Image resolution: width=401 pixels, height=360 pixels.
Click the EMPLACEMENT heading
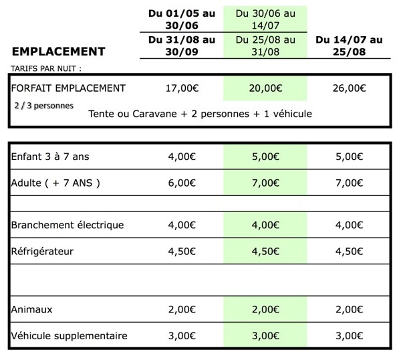click(58, 51)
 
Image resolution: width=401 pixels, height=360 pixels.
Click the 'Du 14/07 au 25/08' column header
click(348, 46)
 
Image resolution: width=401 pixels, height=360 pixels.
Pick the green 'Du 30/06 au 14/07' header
click(265, 18)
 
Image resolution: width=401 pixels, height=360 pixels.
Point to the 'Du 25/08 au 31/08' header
click(265, 46)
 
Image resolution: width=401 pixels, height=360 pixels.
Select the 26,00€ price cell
click(348, 88)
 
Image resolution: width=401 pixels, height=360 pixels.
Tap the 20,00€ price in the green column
click(265, 88)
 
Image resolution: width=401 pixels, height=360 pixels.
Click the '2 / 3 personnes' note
click(43, 106)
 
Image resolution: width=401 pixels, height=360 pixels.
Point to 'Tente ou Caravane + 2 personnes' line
click(200, 114)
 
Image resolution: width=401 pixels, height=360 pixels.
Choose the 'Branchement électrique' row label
click(68, 225)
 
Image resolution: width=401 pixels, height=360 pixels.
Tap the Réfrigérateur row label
click(42, 252)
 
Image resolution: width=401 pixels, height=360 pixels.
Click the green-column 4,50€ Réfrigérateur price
click(265, 252)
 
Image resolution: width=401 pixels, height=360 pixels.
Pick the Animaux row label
click(32, 309)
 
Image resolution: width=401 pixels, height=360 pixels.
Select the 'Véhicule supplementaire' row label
click(69, 335)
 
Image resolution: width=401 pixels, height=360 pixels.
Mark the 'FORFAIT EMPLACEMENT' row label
click(68, 88)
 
